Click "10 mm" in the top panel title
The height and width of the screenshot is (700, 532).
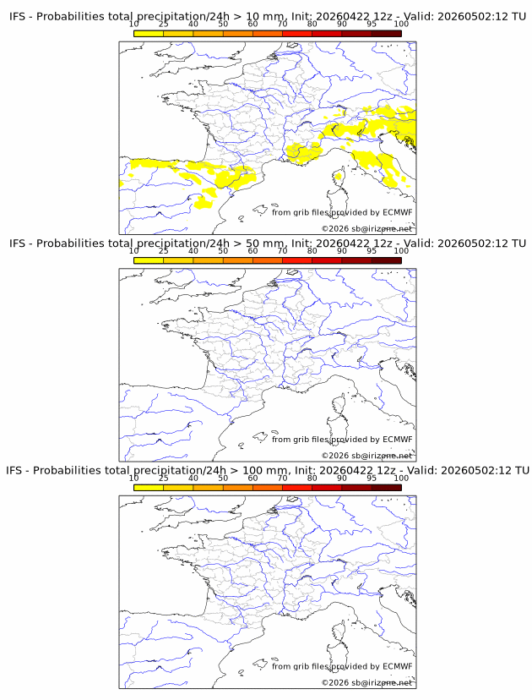(265, 17)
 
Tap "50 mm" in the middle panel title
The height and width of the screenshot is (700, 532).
(265, 243)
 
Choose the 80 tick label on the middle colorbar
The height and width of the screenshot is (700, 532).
(312, 251)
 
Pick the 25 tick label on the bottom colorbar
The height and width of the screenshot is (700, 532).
(163, 479)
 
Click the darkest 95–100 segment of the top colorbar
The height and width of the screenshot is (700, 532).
(386, 34)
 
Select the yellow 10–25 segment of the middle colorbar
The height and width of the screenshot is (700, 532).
(149, 260)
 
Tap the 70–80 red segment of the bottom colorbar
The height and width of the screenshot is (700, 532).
(297, 488)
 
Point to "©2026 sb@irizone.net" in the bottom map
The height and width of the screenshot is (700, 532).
(366, 683)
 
